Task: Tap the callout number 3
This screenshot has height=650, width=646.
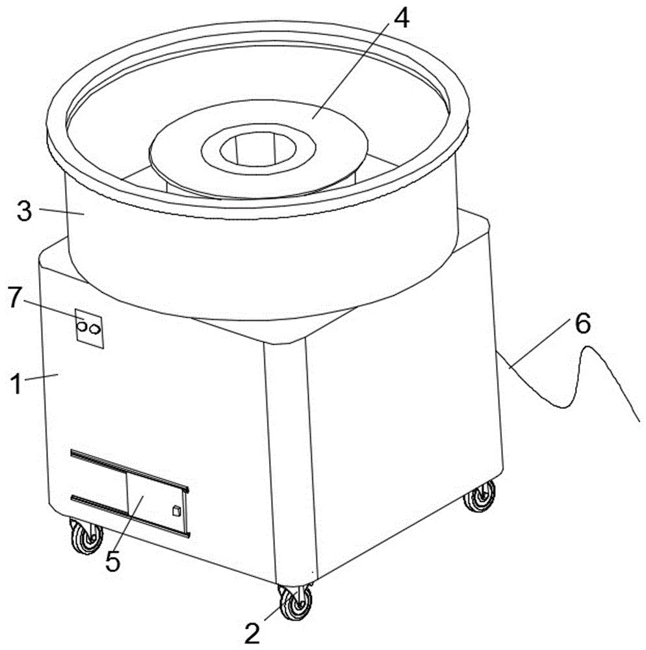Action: click(x=25, y=211)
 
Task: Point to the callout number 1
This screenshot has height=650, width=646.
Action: click(x=16, y=383)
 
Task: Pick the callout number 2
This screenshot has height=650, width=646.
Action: click(x=252, y=633)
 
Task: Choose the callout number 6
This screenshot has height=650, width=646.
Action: click(x=582, y=324)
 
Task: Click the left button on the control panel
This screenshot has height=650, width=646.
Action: click(x=82, y=327)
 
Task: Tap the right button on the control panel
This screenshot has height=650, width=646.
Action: click(x=95, y=329)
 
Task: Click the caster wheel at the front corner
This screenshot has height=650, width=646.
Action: click(x=295, y=602)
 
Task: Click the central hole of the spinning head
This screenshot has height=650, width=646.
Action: click(x=258, y=149)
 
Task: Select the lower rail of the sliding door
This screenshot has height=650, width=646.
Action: click(x=130, y=515)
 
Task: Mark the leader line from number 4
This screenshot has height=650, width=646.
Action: click(x=350, y=70)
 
